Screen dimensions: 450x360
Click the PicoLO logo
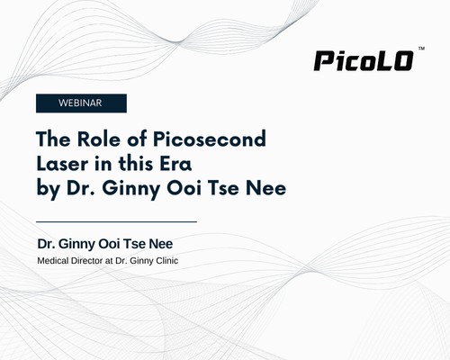pos(364,61)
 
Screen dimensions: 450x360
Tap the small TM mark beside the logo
pos(421,49)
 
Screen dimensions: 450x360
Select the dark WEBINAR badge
pos(81,103)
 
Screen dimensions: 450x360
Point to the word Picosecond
pos(210,139)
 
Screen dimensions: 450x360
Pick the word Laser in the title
pos(62,164)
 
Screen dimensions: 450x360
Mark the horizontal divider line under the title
pos(116,221)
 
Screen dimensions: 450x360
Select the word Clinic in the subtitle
pos(166,261)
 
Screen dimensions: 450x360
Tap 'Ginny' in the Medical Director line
pos(142,262)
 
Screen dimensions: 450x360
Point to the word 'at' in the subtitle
pos(109,261)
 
